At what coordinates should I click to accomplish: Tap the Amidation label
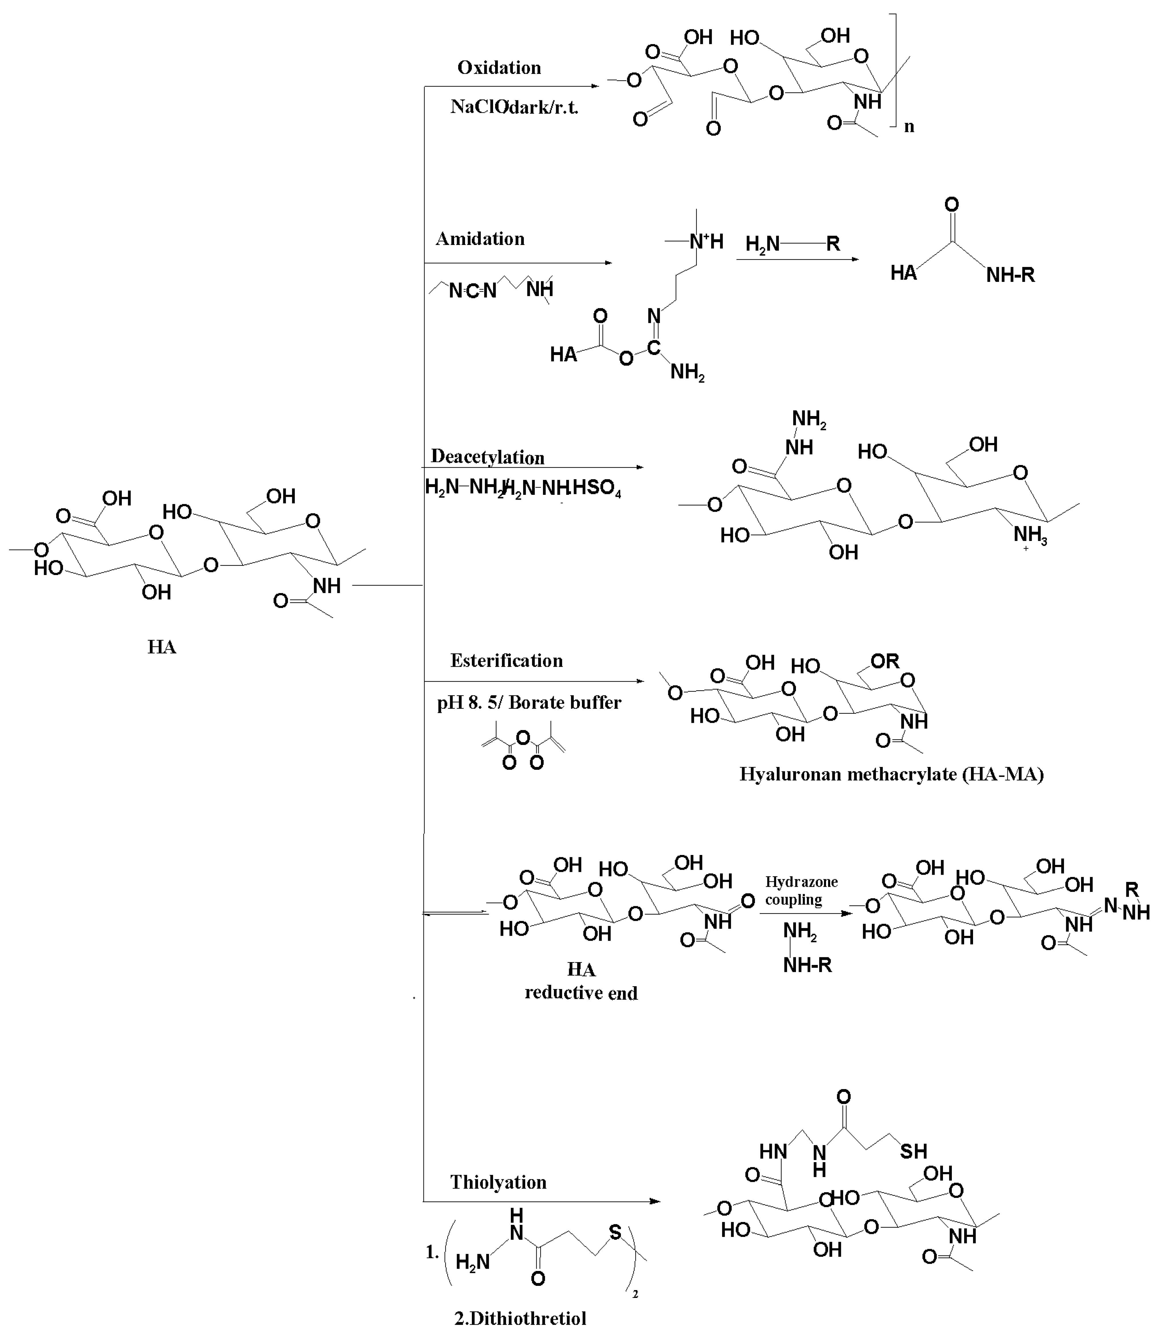480,239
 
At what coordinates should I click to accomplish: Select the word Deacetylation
487,457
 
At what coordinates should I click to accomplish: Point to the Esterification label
506,660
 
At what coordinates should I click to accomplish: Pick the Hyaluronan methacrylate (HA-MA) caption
891,774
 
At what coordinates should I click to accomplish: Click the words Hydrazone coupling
801,890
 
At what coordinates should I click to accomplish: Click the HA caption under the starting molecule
162,647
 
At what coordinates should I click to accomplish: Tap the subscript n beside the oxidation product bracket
909,126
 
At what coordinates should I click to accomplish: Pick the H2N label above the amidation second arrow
762,244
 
